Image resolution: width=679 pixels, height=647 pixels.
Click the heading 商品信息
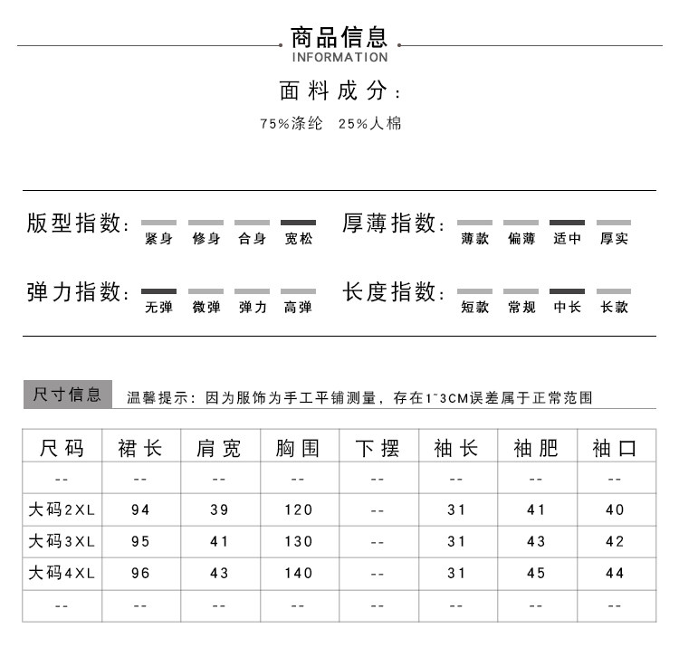(x=339, y=37)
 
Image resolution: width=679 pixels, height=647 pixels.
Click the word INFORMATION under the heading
(x=339, y=58)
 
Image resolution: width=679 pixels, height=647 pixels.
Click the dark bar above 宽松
(x=298, y=223)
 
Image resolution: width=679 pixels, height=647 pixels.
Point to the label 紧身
(x=158, y=240)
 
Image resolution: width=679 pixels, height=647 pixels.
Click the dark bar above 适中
(x=567, y=223)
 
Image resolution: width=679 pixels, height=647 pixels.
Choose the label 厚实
(x=614, y=240)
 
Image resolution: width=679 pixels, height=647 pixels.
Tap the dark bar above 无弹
(x=158, y=291)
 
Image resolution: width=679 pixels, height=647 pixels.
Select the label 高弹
(x=298, y=308)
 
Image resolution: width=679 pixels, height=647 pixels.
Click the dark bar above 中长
(x=567, y=291)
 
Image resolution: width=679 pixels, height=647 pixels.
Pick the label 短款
(x=474, y=308)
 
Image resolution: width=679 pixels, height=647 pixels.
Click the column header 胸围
(x=298, y=448)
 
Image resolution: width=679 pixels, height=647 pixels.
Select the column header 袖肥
(x=536, y=448)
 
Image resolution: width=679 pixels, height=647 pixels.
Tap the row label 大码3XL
(x=62, y=542)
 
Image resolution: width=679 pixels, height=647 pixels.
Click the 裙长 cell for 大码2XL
(x=140, y=510)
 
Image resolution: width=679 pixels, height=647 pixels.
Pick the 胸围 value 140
(x=298, y=574)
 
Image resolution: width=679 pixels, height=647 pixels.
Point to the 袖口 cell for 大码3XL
(x=615, y=542)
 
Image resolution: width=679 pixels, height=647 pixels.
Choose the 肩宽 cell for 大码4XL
(x=219, y=574)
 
